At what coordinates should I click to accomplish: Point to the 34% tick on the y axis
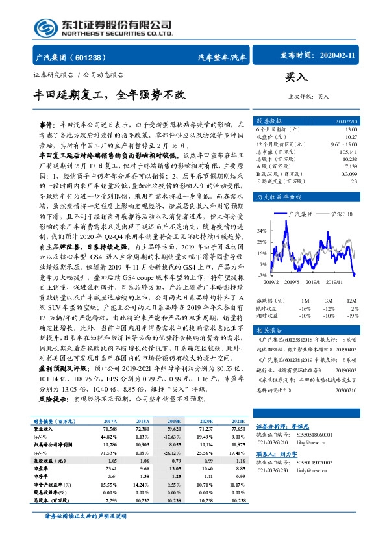(x=260, y=231)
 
